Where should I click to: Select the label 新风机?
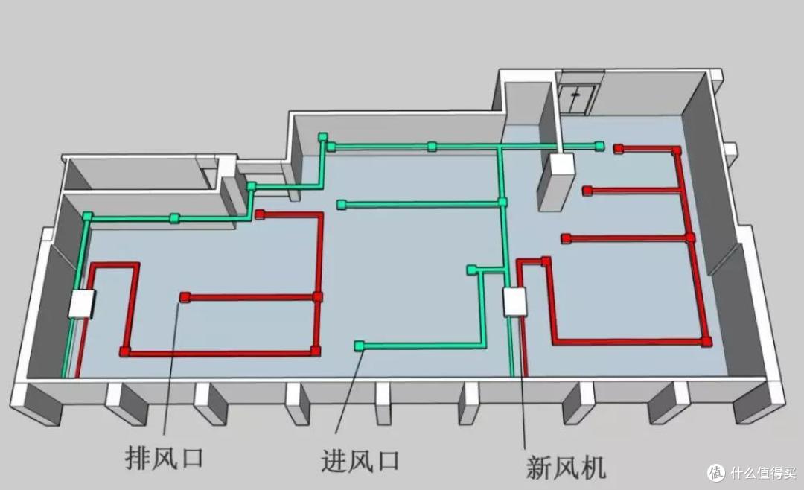coord(566,467)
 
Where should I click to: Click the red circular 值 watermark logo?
coord(715,472)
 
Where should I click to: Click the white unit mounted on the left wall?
coord(83,304)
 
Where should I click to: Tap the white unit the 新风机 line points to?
coord(514,302)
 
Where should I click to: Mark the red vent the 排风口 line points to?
coord(185,297)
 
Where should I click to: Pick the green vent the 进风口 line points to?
coord(360,345)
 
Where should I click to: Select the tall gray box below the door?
coord(557,183)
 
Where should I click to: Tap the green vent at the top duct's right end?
coord(599,146)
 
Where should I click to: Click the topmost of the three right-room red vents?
coord(618,149)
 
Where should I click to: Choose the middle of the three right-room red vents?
coord(587,191)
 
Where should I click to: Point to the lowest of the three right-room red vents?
coord(566,238)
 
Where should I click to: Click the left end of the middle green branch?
coord(341,204)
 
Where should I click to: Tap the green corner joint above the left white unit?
coord(88,217)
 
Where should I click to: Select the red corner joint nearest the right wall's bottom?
coord(706,341)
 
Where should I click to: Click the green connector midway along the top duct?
coord(432,146)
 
